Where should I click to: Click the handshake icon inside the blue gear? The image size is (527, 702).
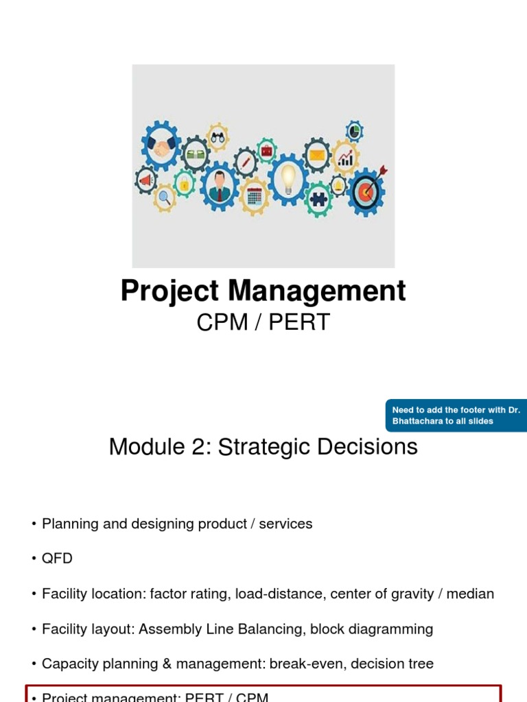tap(163, 148)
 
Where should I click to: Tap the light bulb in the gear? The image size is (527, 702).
tap(288, 178)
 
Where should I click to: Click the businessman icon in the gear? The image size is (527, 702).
tap(220, 186)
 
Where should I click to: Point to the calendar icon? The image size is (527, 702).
tap(255, 196)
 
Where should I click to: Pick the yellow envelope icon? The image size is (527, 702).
tap(316, 155)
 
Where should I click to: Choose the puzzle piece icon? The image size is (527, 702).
tap(317, 199)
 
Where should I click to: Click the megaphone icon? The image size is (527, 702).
tap(145, 180)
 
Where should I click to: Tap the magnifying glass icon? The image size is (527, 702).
tap(165, 197)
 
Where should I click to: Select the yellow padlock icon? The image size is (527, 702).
tap(184, 184)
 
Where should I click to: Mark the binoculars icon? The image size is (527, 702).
tap(218, 137)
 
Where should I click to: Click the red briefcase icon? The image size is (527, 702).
tap(267, 149)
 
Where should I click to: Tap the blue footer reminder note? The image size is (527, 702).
tap(456, 415)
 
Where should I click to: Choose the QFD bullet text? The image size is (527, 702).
tap(57, 559)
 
